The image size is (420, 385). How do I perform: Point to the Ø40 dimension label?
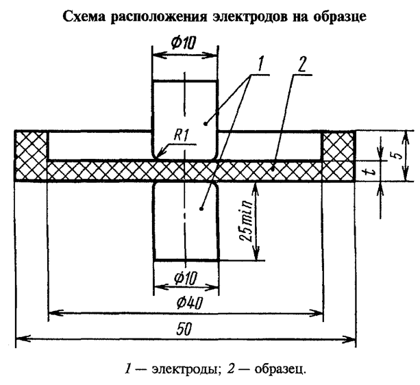tap(186, 302)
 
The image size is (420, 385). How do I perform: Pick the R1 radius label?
tap(182, 136)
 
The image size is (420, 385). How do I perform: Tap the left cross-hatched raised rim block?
tap(32, 145)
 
